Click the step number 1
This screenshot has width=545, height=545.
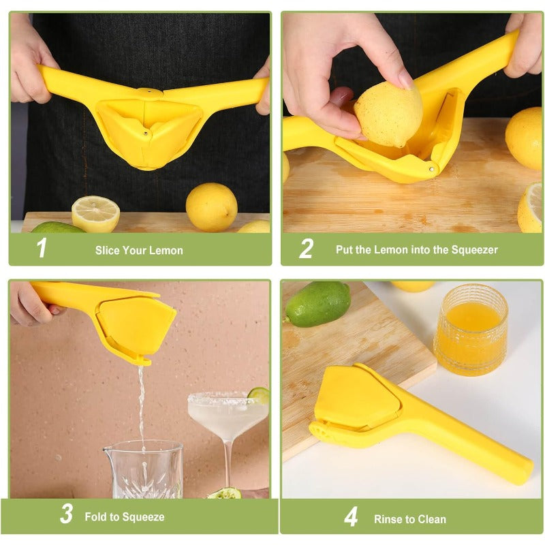click(x=42, y=249)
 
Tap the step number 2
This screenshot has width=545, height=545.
click(x=306, y=249)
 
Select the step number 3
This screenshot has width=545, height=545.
click(x=66, y=514)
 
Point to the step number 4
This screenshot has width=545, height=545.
click(x=350, y=516)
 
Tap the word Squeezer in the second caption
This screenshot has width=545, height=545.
click(x=473, y=250)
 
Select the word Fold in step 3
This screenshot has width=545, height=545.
click(x=97, y=517)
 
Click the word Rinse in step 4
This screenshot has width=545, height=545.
click(x=387, y=519)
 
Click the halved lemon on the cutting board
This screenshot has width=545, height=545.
click(x=95, y=213)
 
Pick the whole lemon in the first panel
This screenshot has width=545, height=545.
click(x=211, y=206)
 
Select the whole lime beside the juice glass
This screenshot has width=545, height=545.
click(x=317, y=303)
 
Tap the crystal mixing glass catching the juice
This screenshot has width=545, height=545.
click(x=143, y=470)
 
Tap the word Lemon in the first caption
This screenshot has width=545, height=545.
click(x=168, y=251)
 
